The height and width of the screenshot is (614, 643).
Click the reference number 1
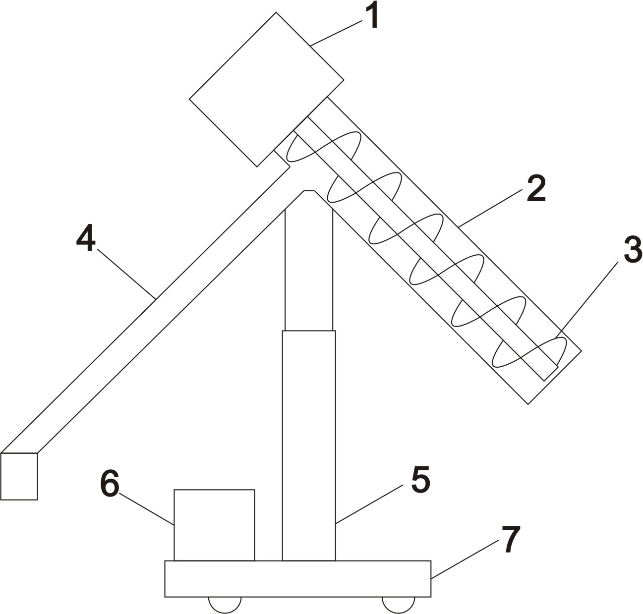pos(373,16)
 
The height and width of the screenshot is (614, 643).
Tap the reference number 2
pos(535,188)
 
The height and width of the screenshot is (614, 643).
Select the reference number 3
pos(632,250)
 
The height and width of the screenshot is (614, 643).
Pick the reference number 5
pos(420,480)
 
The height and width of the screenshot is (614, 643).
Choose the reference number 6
pos(110,483)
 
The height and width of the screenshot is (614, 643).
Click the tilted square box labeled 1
pos(266,89)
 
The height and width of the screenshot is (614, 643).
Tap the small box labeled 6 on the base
pos(214,525)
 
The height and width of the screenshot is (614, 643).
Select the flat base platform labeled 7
pos(297,579)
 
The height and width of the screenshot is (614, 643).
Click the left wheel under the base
pos(225,604)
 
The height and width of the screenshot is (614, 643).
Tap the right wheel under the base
pos(398,604)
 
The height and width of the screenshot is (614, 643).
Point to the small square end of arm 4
pos(19,476)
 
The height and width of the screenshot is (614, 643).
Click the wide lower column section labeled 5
pos(308,446)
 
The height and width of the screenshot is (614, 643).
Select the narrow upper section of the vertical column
pos(308,268)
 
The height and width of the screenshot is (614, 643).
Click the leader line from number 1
pos(337,33)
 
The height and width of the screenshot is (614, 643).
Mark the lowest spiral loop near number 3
pos(529,353)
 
